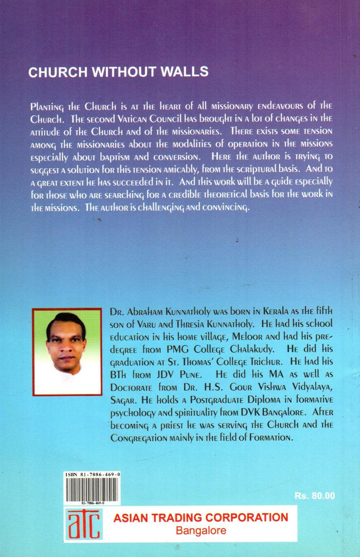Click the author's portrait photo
[x=67, y=352]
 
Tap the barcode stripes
[x=93, y=491]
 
